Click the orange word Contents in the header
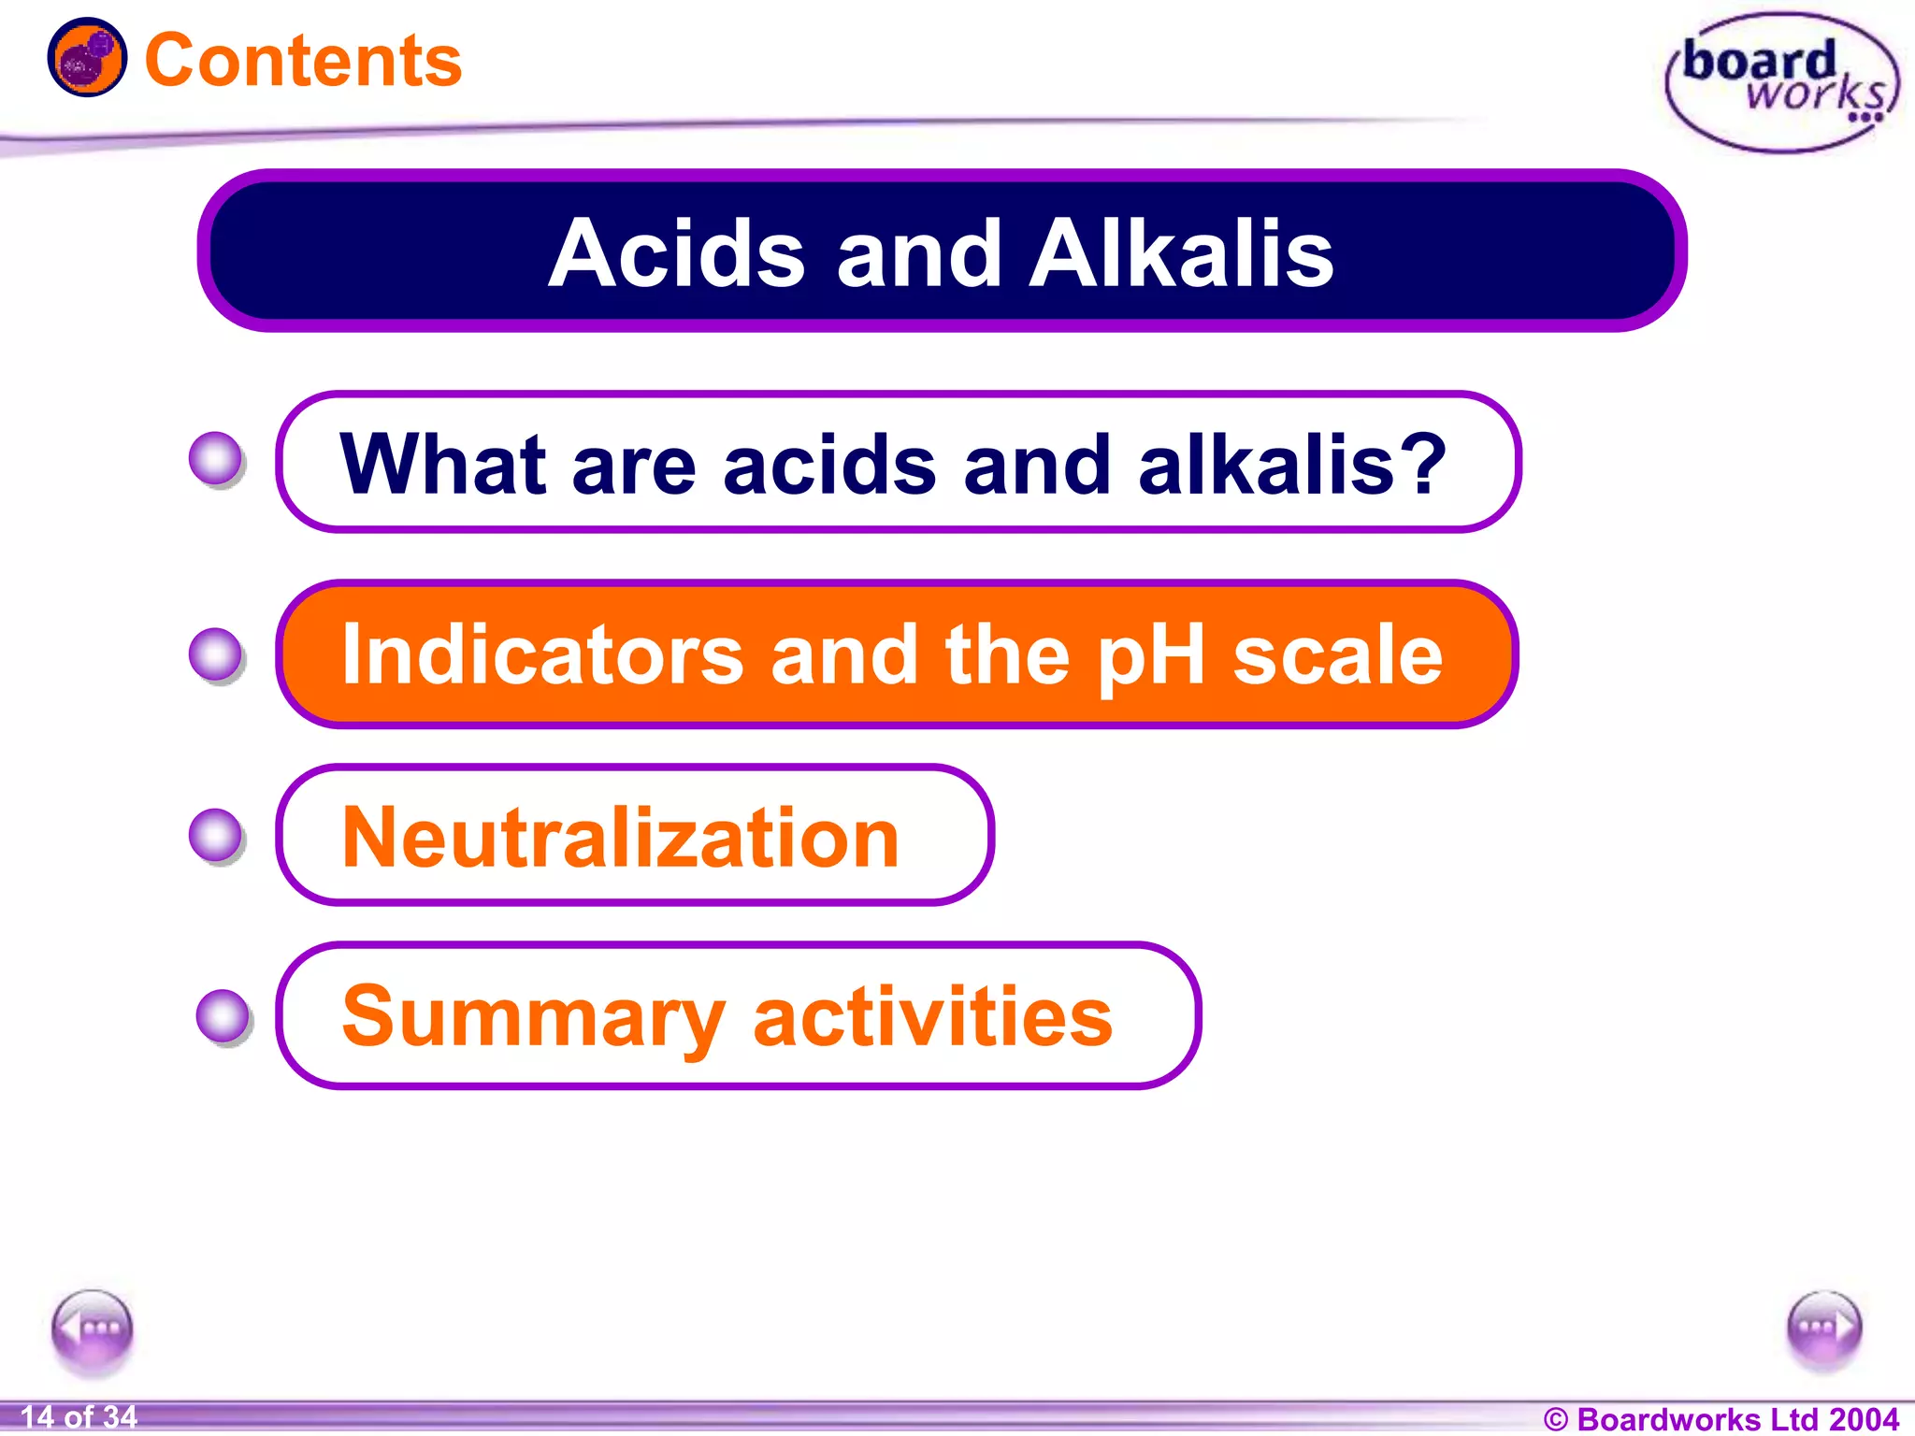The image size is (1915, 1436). point(303,62)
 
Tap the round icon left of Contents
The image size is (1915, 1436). point(87,58)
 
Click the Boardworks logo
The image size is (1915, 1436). point(1782,82)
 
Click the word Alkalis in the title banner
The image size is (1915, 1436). point(1181,253)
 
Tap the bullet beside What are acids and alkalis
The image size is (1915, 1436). point(216,459)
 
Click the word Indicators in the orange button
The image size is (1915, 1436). point(542,655)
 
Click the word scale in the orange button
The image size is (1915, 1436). point(1338,655)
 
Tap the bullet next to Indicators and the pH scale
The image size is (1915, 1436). point(216,654)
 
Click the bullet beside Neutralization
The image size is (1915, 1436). point(216,835)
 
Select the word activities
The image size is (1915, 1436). point(932,1017)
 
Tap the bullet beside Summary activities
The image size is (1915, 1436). point(223,1015)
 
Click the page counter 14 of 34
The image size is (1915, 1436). point(79,1417)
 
